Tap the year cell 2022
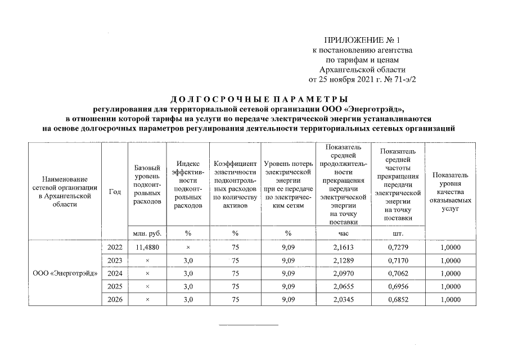click(x=115, y=247)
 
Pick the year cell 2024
click(x=115, y=273)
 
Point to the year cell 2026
click(x=115, y=300)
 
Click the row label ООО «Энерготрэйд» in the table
click(x=65, y=273)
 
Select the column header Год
click(x=115, y=191)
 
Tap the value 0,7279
click(x=398, y=247)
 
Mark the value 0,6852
click(x=398, y=300)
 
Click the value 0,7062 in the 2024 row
click(x=398, y=273)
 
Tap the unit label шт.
click(x=398, y=232)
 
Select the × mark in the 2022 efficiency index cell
click(x=188, y=247)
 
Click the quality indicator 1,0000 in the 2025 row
click(x=450, y=287)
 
